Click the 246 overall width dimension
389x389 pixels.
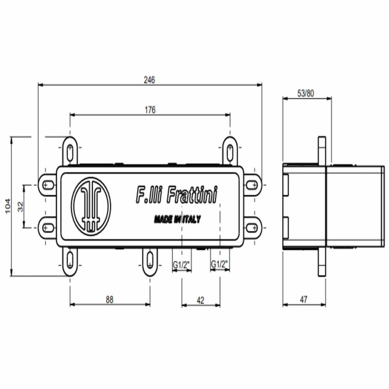(x=149, y=80)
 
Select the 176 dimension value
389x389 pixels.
(x=150, y=110)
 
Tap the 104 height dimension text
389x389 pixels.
(x=8, y=206)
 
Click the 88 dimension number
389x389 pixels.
(x=110, y=300)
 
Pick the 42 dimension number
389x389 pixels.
(x=200, y=300)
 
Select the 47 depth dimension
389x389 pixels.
(x=303, y=300)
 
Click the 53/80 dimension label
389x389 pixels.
(x=306, y=93)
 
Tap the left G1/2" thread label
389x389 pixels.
(x=181, y=265)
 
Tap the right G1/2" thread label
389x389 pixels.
(x=219, y=264)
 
